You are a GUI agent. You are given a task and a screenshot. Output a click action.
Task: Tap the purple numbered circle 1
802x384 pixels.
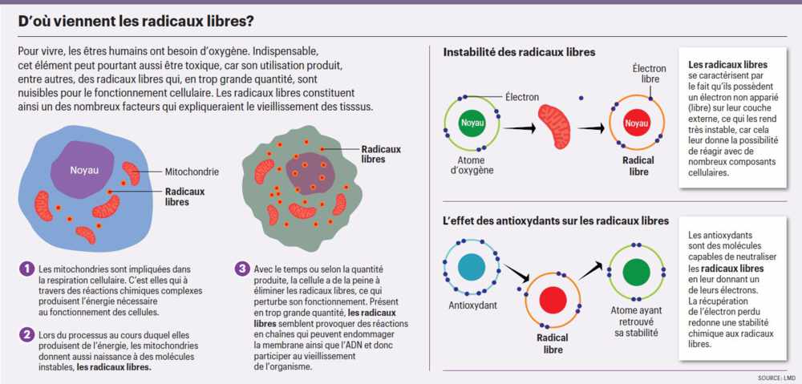click(x=27, y=269)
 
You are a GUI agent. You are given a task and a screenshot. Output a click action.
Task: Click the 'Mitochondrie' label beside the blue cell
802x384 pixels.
click(x=192, y=172)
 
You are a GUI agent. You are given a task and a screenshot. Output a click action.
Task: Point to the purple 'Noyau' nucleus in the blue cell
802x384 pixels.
click(x=84, y=170)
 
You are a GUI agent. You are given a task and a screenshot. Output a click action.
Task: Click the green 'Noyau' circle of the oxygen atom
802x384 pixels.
click(x=469, y=123)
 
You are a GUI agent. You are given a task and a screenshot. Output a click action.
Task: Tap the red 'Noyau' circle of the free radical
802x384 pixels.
click(x=637, y=123)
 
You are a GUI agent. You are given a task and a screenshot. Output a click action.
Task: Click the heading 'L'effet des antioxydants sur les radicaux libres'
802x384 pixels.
click(x=556, y=220)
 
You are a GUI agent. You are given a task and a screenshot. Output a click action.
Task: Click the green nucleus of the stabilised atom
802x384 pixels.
click(x=636, y=270)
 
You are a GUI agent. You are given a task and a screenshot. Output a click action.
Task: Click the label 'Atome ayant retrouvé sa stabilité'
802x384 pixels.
click(x=635, y=318)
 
